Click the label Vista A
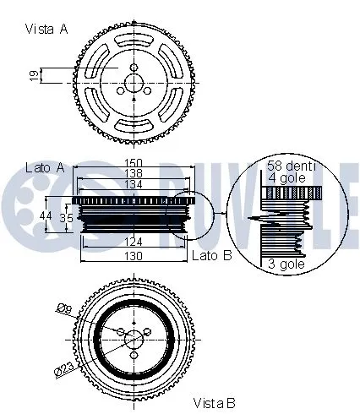click(x=46, y=28)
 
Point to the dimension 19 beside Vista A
click(x=33, y=76)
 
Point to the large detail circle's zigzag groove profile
click(x=279, y=221)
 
